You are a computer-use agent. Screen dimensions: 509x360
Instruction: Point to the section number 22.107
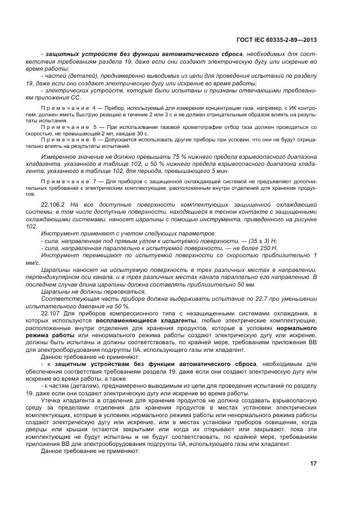click(51, 314)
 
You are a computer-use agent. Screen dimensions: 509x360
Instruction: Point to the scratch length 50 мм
click(245, 284)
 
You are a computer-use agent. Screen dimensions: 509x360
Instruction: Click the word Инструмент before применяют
click(60, 233)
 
